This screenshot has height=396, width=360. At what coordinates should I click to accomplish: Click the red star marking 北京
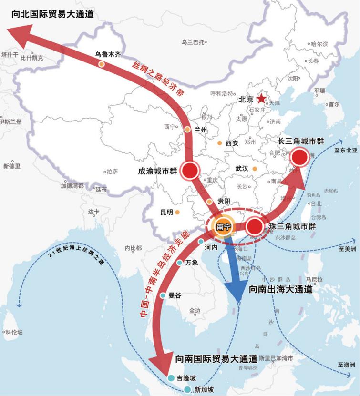tap(261, 99)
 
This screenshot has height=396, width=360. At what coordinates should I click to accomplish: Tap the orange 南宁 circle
tap(223, 227)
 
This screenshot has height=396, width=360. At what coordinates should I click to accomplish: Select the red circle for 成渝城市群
tap(191, 170)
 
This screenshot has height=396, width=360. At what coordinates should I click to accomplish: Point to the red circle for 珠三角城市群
tap(255, 227)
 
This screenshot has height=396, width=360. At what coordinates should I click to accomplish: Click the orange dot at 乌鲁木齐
tap(102, 64)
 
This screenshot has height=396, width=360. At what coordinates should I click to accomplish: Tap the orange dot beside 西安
tap(219, 142)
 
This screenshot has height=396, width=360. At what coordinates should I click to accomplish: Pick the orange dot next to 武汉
tap(255, 169)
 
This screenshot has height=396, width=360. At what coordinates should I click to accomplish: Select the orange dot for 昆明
tap(177, 212)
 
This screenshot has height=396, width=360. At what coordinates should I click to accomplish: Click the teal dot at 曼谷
tap(163, 295)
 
